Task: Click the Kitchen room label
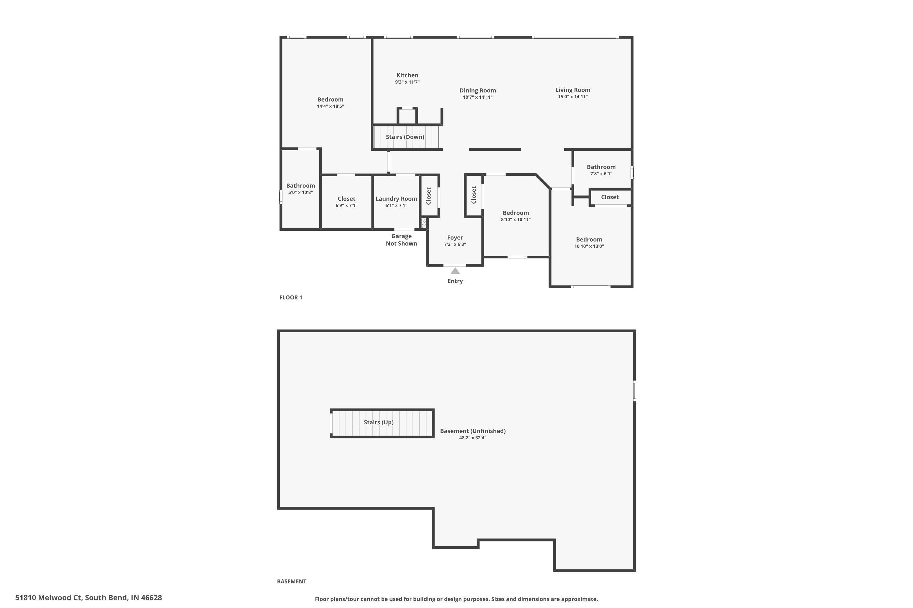(x=407, y=75)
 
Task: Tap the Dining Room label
(x=477, y=90)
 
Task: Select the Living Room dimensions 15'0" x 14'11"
(x=572, y=97)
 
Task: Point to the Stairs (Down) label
(x=405, y=137)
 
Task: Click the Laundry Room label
(x=396, y=199)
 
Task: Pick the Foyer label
(x=455, y=237)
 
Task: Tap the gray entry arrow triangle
(x=455, y=271)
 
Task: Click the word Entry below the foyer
(x=455, y=281)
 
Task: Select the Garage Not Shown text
(x=401, y=240)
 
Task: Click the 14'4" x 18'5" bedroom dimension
(x=330, y=106)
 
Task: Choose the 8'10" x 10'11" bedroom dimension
(x=516, y=219)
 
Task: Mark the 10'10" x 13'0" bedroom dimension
(x=589, y=246)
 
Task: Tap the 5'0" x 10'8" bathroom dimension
(x=300, y=192)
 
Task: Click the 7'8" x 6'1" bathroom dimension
(x=601, y=174)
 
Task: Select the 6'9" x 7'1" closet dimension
(x=346, y=206)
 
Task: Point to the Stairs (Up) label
(x=379, y=422)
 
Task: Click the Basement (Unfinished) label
(x=472, y=431)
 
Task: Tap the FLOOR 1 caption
(x=291, y=297)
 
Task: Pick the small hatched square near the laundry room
(x=424, y=223)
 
